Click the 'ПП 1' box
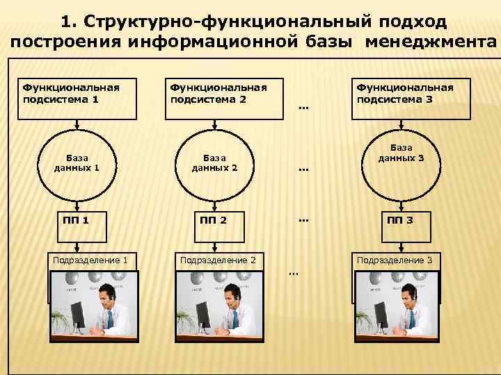coord(76,220)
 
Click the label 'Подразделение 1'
coord(90,260)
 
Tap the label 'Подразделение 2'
coord(218,260)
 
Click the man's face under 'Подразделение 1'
coord(105,296)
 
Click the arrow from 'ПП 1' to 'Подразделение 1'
coord(76,241)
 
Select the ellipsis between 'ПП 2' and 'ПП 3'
coord(303,220)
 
